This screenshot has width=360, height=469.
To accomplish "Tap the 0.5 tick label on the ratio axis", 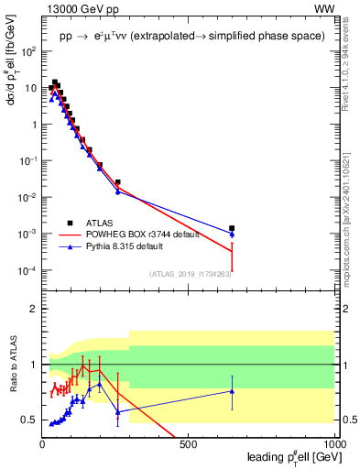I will pyautogui.click(x=27, y=420).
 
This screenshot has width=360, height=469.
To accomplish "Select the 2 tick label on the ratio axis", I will pyautogui.click(x=33, y=309).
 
